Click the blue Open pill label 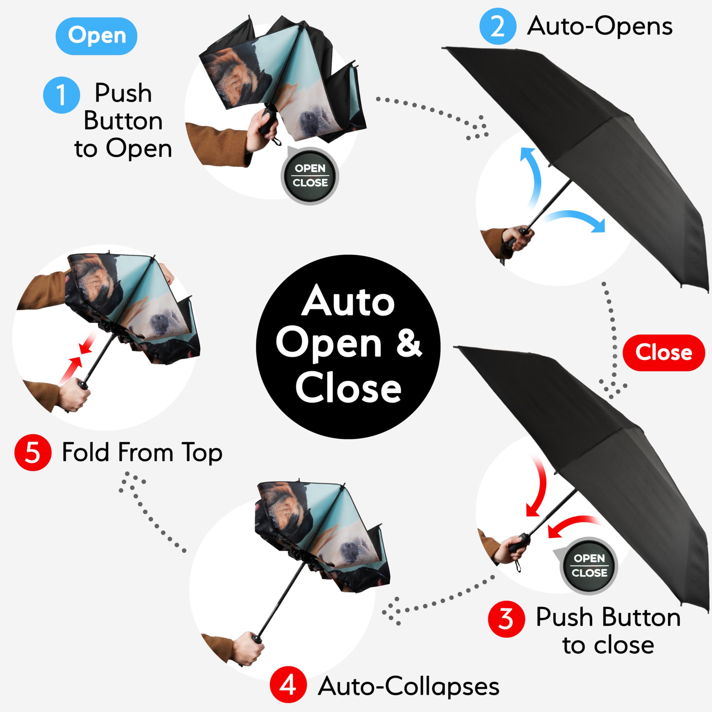(x=96, y=36)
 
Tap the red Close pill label (x=663, y=352)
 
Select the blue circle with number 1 (x=61, y=95)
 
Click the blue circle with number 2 (x=498, y=26)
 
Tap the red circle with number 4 (x=288, y=685)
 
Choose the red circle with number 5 (x=33, y=453)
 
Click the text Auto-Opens (x=600, y=26)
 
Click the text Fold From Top (x=142, y=452)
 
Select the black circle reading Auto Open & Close (x=348, y=347)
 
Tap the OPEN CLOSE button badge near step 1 (x=310, y=176)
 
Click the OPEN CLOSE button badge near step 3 (x=589, y=566)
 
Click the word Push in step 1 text (x=123, y=93)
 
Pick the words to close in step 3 (x=608, y=645)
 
